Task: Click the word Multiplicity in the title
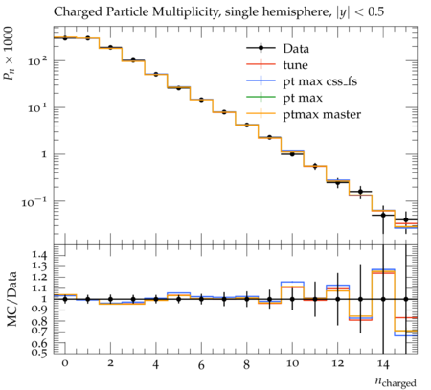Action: point(187,12)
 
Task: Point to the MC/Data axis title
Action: point(11,299)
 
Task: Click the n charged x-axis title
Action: point(396,381)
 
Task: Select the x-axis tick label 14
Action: point(383,364)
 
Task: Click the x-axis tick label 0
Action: point(65,363)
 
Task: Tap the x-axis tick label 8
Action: point(246,364)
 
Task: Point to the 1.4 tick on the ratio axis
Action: point(39,255)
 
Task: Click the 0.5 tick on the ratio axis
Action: point(39,352)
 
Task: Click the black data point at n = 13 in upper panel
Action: point(361,192)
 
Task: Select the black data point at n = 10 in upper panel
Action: point(292,154)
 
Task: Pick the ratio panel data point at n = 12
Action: point(338,299)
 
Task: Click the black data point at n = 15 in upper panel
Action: point(406,219)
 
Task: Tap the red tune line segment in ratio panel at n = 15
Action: point(406,317)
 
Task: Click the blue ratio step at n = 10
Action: point(292,282)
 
